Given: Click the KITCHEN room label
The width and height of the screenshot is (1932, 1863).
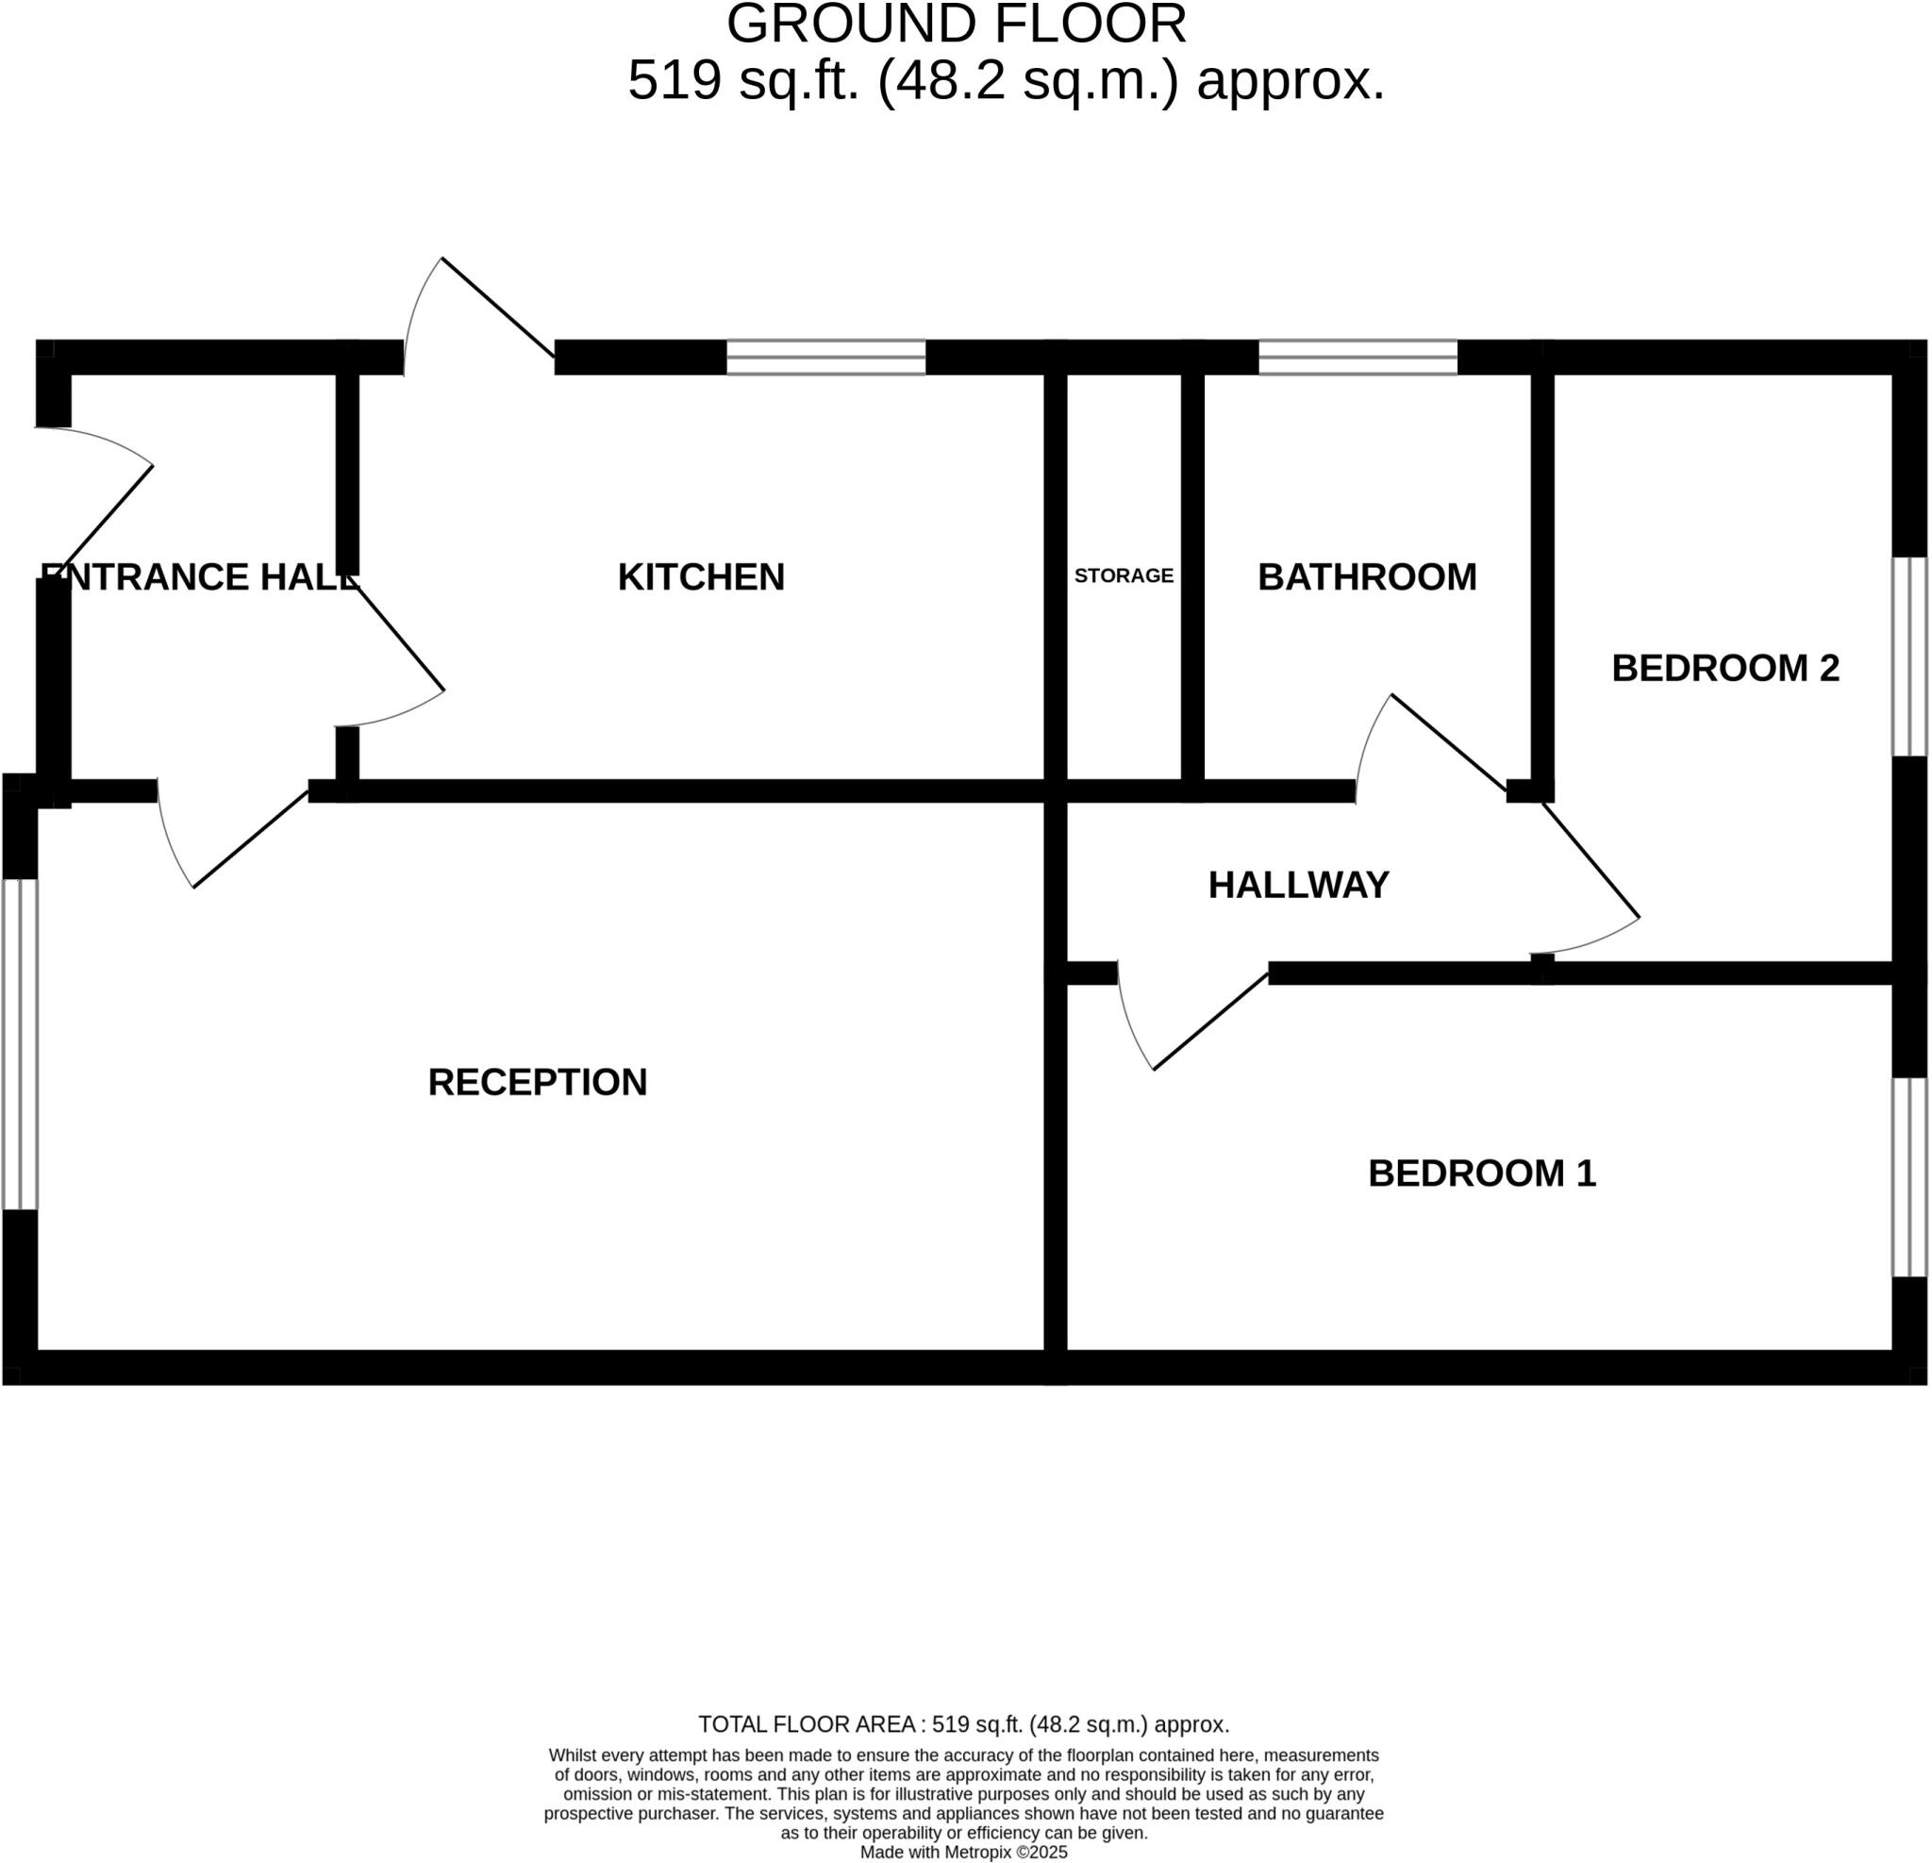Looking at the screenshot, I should (x=701, y=577).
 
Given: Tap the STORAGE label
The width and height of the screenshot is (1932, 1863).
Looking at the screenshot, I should (x=1124, y=575).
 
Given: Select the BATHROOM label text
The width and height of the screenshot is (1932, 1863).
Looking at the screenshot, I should (x=1367, y=577).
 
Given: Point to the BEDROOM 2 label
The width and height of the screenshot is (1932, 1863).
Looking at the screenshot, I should (x=1725, y=668).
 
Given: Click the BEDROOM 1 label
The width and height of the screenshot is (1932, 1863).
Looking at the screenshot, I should (x=1481, y=1173).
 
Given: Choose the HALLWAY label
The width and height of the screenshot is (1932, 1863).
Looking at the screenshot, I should (x=1298, y=885).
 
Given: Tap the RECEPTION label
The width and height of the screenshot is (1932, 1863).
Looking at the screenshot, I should (x=537, y=1082).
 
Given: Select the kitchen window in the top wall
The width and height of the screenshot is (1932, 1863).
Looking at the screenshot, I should (x=826, y=357).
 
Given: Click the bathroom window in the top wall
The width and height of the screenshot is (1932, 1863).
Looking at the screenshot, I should (x=1357, y=357).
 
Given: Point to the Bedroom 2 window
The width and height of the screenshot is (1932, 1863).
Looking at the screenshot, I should (x=1908, y=657).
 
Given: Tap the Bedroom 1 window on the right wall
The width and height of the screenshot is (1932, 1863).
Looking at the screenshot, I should (x=1908, y=1177).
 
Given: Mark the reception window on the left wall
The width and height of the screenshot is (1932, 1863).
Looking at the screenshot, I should (x=20, y=1044).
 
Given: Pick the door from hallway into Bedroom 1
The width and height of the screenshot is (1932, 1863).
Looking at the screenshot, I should (x=1210, y=1022).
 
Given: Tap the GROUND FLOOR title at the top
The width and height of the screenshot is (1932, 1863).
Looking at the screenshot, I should (x=956, y=24).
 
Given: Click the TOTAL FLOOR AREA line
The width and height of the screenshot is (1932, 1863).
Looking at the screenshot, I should (x=963, y=1725).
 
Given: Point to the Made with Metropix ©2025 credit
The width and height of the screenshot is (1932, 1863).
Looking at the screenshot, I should (x=963, y=1853).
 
